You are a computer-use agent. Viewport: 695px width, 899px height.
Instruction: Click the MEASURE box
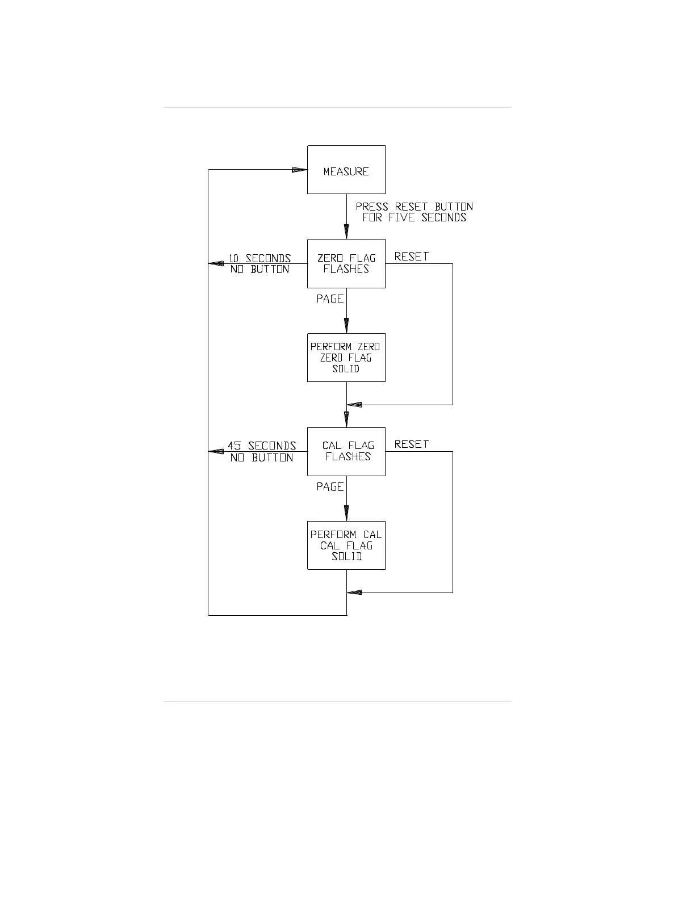pyautogui.click(x=346, y=170)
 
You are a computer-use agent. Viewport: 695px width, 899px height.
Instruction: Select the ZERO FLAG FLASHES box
pyautogui.click(x=346, y=263)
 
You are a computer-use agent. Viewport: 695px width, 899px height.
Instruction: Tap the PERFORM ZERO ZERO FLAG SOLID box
pyautogui.click(x=346, y=358)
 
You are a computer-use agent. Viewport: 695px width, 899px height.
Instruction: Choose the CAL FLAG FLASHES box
pyautogui.click(x=346, y=451)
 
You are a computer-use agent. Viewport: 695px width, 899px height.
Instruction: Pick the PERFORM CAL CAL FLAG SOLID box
pyautogui.click(x=346, y=545)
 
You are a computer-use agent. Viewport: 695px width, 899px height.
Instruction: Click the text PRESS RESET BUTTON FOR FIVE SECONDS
pyautogui.click(x=414, y=212)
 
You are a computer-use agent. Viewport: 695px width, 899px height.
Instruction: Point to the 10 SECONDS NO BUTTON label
pyautogui.click(x=260, y=264)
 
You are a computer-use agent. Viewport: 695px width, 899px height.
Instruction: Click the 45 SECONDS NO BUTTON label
pyautogui.click(x=262, y=452)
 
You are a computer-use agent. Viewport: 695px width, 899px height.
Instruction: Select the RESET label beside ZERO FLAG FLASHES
pyautogui.click(x=411, y=257)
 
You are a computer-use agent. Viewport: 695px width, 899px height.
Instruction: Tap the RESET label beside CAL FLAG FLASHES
pyautogui.click(x=411, y=444)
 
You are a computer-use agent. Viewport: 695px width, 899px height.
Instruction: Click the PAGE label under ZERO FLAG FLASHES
pyautogui.click(x=330, y=299)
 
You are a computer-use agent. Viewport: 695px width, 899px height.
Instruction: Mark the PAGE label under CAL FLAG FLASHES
pyautogui.click(x=330, y=486)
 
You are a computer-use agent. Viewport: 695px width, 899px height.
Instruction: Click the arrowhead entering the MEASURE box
pyautogui.click(x=299, y=170)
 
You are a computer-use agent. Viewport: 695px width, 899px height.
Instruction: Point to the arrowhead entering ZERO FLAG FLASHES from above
pyautogui.click(x=346, y=232)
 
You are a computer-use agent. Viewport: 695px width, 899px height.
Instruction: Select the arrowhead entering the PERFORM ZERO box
pyautogui.click(x=346, y=326)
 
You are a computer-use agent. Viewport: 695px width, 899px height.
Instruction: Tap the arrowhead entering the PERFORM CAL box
pyautogui.click(x=346, y=514)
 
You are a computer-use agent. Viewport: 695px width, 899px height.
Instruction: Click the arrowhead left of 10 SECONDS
pyautogui.click(x=216, y=263)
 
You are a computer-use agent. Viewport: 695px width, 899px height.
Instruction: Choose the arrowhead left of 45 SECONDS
pyautogui.click(x=216, y=451)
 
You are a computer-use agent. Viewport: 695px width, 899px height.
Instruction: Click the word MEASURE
pyautogui.click(x=346, y=171)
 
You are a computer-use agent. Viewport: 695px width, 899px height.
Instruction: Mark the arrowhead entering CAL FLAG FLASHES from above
pyautogui.click(x=346, y=420)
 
